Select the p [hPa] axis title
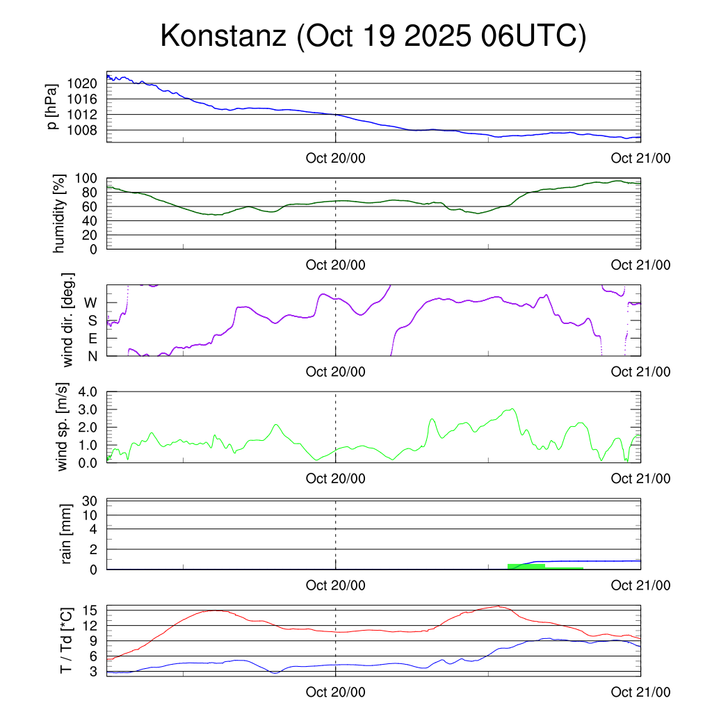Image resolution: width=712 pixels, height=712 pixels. [53, 107]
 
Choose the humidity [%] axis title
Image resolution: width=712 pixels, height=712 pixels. [60, 213]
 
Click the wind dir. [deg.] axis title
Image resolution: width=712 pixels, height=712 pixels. [67, 320]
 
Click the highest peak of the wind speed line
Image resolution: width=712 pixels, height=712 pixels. [512, 409]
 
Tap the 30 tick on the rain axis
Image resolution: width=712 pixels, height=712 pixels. [91, 501]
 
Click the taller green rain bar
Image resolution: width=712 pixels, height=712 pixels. [526, 566]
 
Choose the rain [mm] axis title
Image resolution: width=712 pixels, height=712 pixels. [66, 534]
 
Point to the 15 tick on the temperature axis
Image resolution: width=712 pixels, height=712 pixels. [92, 610]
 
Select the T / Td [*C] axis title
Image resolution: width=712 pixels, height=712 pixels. [66, 640]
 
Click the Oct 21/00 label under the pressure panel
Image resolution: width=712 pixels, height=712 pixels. [640, 158]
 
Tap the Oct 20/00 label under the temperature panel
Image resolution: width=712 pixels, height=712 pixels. [335, 693]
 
